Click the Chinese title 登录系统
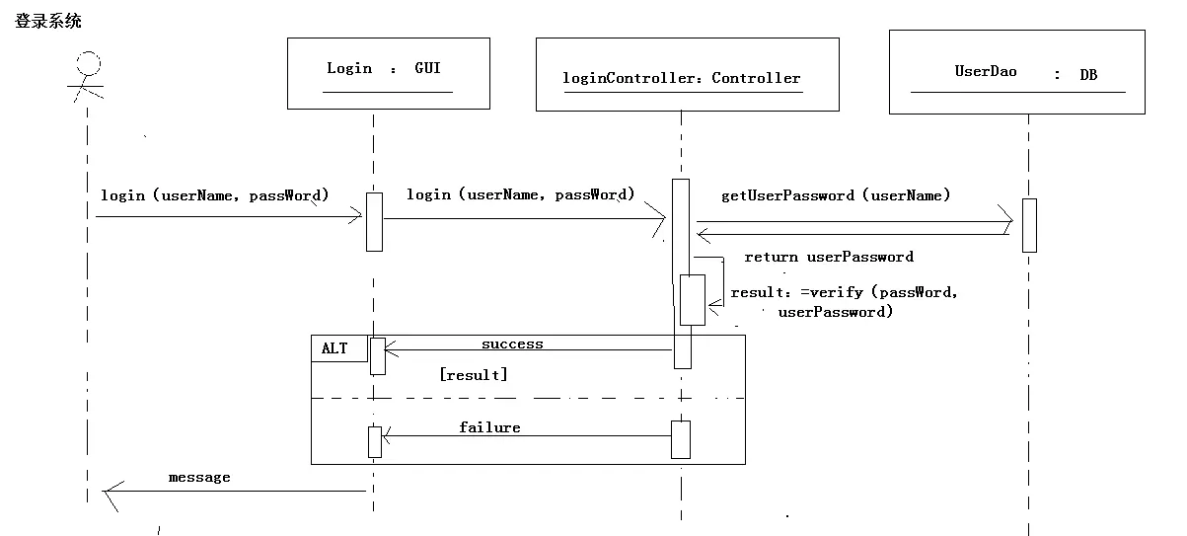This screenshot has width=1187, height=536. (48, 20)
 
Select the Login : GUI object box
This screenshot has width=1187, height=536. (388, 73)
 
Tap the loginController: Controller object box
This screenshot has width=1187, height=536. (687, 75)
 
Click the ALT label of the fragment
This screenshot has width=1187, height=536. (335, 348)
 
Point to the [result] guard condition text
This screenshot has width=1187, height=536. (474, 375)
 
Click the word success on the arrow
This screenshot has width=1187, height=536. (512, 345)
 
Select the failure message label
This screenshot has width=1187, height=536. (489, 427)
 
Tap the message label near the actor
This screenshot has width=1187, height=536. (199, 478)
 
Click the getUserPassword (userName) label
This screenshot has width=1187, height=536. (836, 195)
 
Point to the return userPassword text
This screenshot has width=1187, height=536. (828, 257)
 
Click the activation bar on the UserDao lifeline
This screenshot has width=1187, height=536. (1029, 225)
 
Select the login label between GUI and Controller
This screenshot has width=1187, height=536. (520, 194)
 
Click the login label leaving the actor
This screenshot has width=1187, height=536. (214, 195)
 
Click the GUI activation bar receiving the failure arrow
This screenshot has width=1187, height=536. (375, 441)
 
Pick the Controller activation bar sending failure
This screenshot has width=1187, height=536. (681, 439)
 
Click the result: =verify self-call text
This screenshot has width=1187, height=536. (843, 302)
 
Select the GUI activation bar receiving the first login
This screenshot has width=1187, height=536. (374, 221)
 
